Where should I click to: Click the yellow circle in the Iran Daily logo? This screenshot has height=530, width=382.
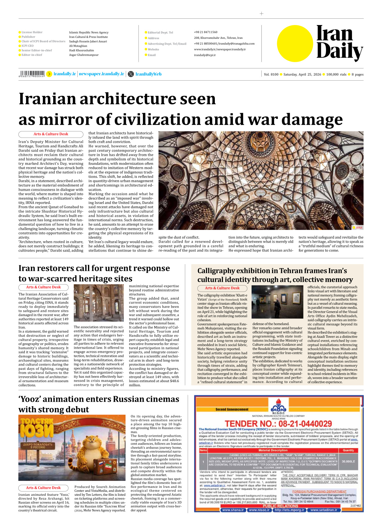(295, 43)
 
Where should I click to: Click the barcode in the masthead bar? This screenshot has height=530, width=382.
(32, 74)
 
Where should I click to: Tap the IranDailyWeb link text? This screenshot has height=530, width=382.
(148, 74)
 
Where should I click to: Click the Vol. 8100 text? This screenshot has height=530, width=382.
(271, 74)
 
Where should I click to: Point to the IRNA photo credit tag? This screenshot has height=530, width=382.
(358, 227)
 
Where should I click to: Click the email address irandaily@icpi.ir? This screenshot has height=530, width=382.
(205, 55)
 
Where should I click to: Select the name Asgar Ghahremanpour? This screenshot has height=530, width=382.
(84, 55)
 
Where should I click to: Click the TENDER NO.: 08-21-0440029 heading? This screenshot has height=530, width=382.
(278, 424)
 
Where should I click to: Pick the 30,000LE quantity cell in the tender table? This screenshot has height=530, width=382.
(348, 462)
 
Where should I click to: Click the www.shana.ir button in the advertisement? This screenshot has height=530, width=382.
(233, 510)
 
